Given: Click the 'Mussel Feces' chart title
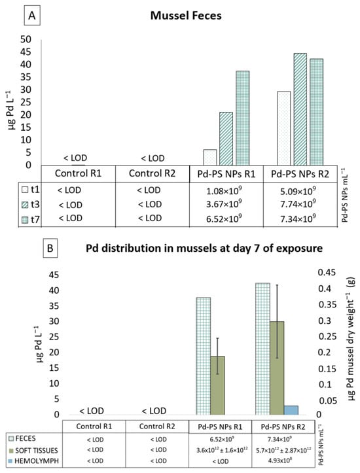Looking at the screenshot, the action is (x=186, y=16).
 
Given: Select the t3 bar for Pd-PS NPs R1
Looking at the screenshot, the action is (x=226, y=139).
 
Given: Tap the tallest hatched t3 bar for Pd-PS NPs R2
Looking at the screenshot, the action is (x=300, y=109).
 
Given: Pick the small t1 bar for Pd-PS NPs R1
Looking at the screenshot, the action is (x=210, y=157).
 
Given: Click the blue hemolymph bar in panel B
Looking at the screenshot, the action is (x=291, y=410).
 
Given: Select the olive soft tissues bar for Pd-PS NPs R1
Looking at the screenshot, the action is (x=217, y=385).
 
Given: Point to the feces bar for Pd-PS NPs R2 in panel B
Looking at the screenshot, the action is (x=262, y=349).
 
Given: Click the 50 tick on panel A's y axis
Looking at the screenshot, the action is (x=26, y=39).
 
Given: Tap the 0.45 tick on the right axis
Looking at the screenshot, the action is (x=327, y=273).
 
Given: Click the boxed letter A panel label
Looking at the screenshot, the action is (x=31, y=16).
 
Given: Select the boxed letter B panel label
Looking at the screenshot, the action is (x=50, y=248).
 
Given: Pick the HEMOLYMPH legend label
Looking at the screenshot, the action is (x=36, y=461).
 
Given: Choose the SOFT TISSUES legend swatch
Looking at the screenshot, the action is (x=11, y=451).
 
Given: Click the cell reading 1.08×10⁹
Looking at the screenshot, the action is (x=224, y=190).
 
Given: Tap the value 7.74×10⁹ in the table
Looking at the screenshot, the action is (x=298, y=204).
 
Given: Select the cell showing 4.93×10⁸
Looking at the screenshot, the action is (x=283, y=461).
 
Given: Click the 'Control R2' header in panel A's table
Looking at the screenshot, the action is (x=152, y=173).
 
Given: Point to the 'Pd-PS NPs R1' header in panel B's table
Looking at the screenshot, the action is (x=220, y=427).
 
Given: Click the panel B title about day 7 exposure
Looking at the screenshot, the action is (x=204, y=248).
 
